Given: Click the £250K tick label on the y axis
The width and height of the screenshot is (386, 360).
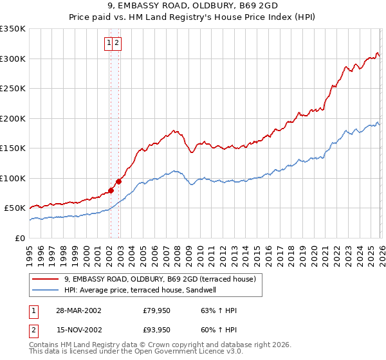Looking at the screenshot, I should [x=13, y=89].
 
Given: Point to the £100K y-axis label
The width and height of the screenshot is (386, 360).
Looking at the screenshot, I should [x=13, y=178].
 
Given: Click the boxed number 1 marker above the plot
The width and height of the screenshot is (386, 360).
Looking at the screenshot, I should [x=109, y=44].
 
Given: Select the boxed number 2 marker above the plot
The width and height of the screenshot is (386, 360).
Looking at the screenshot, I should [x=118, y=44].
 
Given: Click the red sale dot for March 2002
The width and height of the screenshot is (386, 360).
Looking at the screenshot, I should [x=111, y=190].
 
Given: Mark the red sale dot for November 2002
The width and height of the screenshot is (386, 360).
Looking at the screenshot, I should [x=118, y=181].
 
